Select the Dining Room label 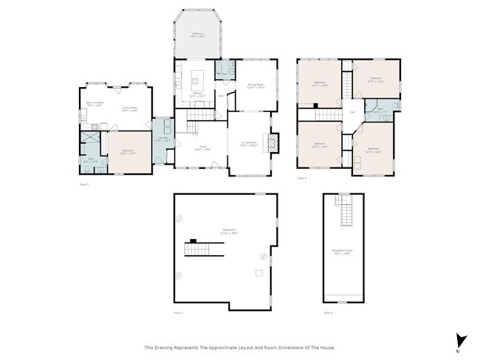tap(256, 85)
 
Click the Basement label tap(229, 230)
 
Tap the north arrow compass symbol tap(462, 340)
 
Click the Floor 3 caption tap(301, 178)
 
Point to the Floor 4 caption tap(327, 314)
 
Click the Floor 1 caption tap(177, 314)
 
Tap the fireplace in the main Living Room tap(273, 141)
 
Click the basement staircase tap(204, 249)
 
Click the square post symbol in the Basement tap(257, 273)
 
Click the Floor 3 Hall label tap(352, 112)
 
